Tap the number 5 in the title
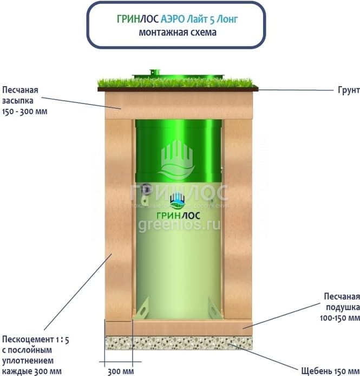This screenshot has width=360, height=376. click(217, 19)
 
